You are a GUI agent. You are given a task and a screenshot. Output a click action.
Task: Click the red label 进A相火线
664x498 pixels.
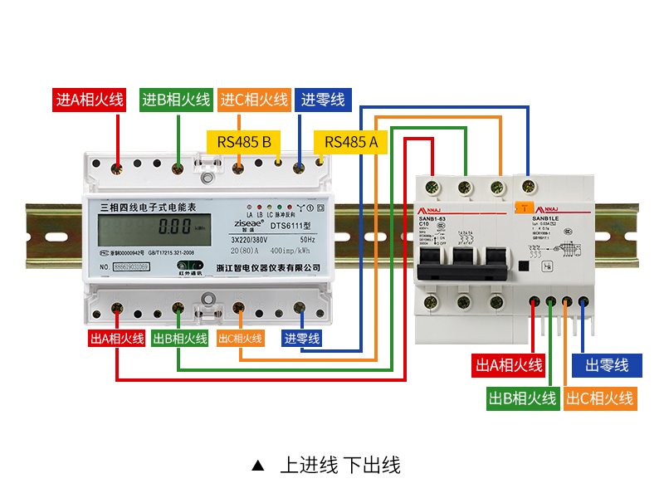click(x=90, y=100)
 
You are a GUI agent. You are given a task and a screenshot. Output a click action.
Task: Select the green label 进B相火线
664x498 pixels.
click(x=175, y=100)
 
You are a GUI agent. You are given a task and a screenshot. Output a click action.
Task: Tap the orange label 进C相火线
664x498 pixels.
click(x=254, y=100)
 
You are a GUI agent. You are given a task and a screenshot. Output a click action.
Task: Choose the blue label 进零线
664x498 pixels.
click(x=323, y=100)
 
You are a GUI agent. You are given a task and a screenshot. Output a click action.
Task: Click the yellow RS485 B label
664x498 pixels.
click(x=244, y=142)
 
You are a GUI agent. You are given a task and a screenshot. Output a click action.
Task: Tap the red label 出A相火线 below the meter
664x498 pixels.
click(x=117, y=339)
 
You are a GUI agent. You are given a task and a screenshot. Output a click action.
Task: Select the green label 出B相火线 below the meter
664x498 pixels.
click(x=180, y=339)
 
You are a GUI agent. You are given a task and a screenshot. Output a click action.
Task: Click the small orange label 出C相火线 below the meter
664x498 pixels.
click(x=240, y=339)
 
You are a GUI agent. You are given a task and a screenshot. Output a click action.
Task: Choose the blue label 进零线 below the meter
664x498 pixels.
click(x=301, y=339)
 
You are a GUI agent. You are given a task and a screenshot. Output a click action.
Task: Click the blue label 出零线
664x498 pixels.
click(x=607, y=365)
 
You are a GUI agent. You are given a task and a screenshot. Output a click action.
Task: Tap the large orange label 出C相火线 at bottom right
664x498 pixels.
click(x=600, y=398)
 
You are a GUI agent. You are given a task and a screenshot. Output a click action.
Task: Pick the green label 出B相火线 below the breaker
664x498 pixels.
click(x=522, y=398)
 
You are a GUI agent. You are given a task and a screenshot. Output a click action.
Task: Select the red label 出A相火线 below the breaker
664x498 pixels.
click(x=509, y=365)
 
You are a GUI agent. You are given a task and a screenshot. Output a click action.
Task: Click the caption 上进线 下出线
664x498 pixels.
click(x=340, y=465)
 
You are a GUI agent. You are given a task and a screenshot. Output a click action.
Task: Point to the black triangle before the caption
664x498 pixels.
click(x=257, y=466)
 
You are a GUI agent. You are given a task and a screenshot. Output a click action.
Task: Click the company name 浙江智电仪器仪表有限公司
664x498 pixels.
click(x=267, y=267)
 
